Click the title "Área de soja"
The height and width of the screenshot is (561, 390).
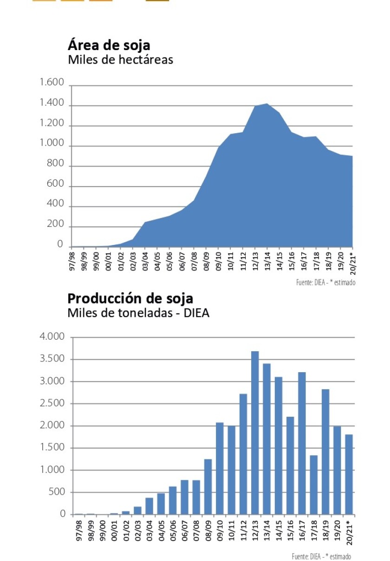pos(109,45)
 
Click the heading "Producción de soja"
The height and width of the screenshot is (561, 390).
pos(130,298)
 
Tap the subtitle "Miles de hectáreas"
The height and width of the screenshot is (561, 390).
pos(120,60)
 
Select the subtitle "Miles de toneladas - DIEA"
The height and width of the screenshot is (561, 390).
pos(138,313)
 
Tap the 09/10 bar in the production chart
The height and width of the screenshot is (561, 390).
pos(220,468)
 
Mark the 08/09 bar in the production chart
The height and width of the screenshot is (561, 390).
pos(208,487)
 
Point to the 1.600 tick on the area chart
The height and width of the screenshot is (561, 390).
pos(52,83)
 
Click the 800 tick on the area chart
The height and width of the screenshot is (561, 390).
pos(55,166)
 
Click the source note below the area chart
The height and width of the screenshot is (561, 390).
pos(325,282)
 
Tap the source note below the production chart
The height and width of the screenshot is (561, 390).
pos(321,556)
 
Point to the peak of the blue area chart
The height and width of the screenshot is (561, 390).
pos(266,104)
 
